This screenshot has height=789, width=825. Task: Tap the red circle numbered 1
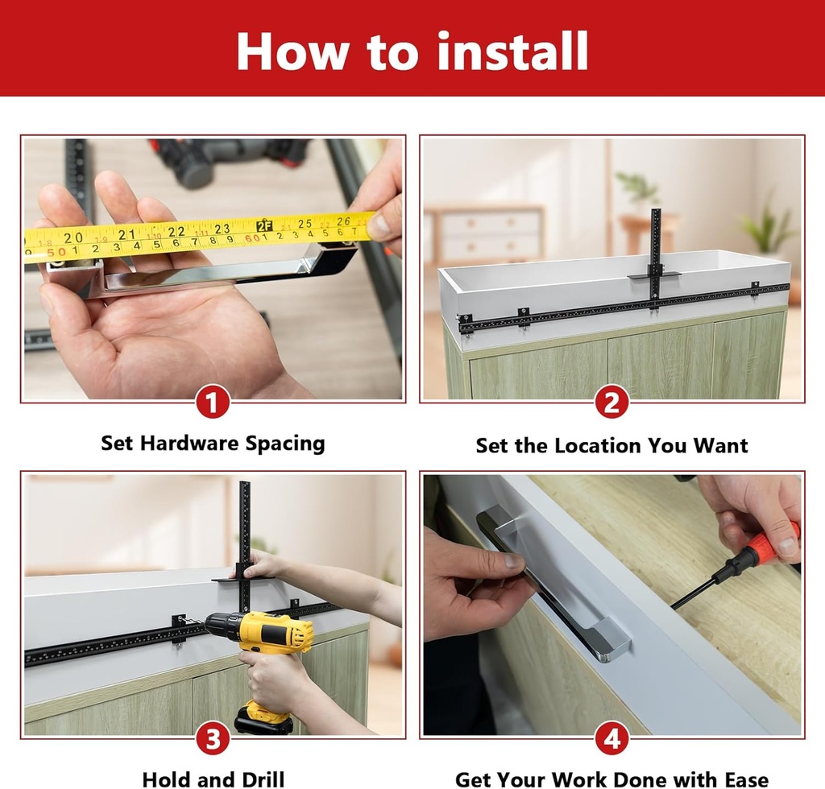coord(213,402)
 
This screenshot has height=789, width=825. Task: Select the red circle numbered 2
coord(612,402)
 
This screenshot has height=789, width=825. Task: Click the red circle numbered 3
coord(213,738)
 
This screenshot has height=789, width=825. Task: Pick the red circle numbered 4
coord(612,738)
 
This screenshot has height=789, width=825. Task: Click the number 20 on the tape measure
coord(73,237)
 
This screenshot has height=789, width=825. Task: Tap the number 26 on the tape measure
coord(344,221)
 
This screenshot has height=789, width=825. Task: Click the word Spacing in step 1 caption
coord(285,444)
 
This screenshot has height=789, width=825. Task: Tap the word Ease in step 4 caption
coord(741,779)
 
